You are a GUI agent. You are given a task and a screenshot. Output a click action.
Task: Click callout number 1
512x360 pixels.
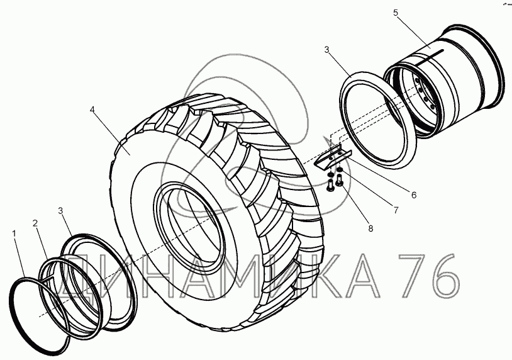pos(14,233)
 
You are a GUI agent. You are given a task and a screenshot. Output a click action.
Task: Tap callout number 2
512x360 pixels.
pos(35,223)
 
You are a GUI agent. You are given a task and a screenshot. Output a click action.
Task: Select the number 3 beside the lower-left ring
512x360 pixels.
pos(60,211)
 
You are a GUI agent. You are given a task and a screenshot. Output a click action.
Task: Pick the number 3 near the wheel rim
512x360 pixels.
pos(326,50)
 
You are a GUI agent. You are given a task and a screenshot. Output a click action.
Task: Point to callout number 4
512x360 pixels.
pos(92,110)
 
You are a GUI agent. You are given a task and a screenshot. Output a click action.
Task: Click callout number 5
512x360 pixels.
pos(396,13)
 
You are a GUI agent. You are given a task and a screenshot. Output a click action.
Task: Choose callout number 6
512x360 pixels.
pos(414,195)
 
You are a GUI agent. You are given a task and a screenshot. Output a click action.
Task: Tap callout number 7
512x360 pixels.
pos(396,210)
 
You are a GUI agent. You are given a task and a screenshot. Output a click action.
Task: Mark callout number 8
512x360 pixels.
pos(370,228)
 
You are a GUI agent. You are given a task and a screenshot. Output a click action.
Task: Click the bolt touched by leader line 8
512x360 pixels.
pos(340,181)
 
